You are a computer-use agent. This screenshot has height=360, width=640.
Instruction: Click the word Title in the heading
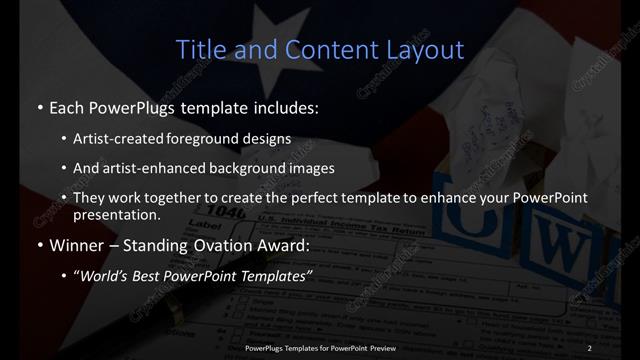[x=198, y=49]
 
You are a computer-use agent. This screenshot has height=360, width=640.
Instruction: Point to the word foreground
[x=213, y=138]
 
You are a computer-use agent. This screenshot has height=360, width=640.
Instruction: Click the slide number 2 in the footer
[x=590, y=348]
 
